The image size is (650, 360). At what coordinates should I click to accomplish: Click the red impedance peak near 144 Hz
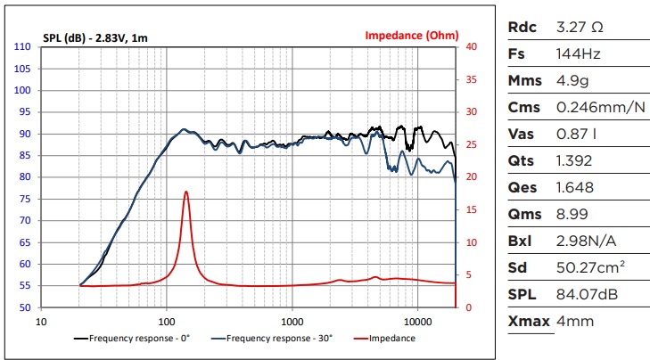(185, 192)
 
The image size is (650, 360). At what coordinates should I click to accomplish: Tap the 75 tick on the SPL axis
(25, 221)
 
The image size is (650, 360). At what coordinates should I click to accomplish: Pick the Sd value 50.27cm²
(591, 267)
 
